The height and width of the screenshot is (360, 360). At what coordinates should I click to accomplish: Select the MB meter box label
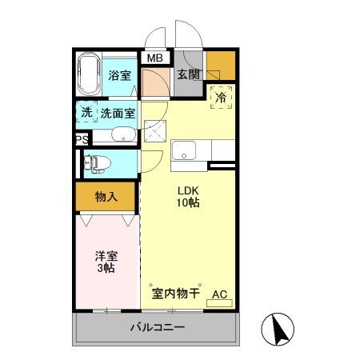(154, 58)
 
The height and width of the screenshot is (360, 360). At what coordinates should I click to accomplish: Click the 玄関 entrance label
(188, 75)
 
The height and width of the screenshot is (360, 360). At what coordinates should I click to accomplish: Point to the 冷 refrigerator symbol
(221, 98)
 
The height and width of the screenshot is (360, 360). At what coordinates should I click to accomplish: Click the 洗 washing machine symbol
(87, 113)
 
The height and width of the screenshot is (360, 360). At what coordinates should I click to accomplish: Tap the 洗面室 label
(117, 113)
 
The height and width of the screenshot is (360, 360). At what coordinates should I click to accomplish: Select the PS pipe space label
(81, 140)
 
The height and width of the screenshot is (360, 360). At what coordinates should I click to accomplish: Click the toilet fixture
(98, 163)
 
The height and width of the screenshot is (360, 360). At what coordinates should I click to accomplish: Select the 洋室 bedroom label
(106, 256)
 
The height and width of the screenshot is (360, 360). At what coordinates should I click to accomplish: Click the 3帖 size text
(106, 269)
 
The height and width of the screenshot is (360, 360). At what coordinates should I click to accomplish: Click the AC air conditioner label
(219, 295)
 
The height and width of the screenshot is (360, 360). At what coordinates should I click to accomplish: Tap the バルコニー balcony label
(158, 328)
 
